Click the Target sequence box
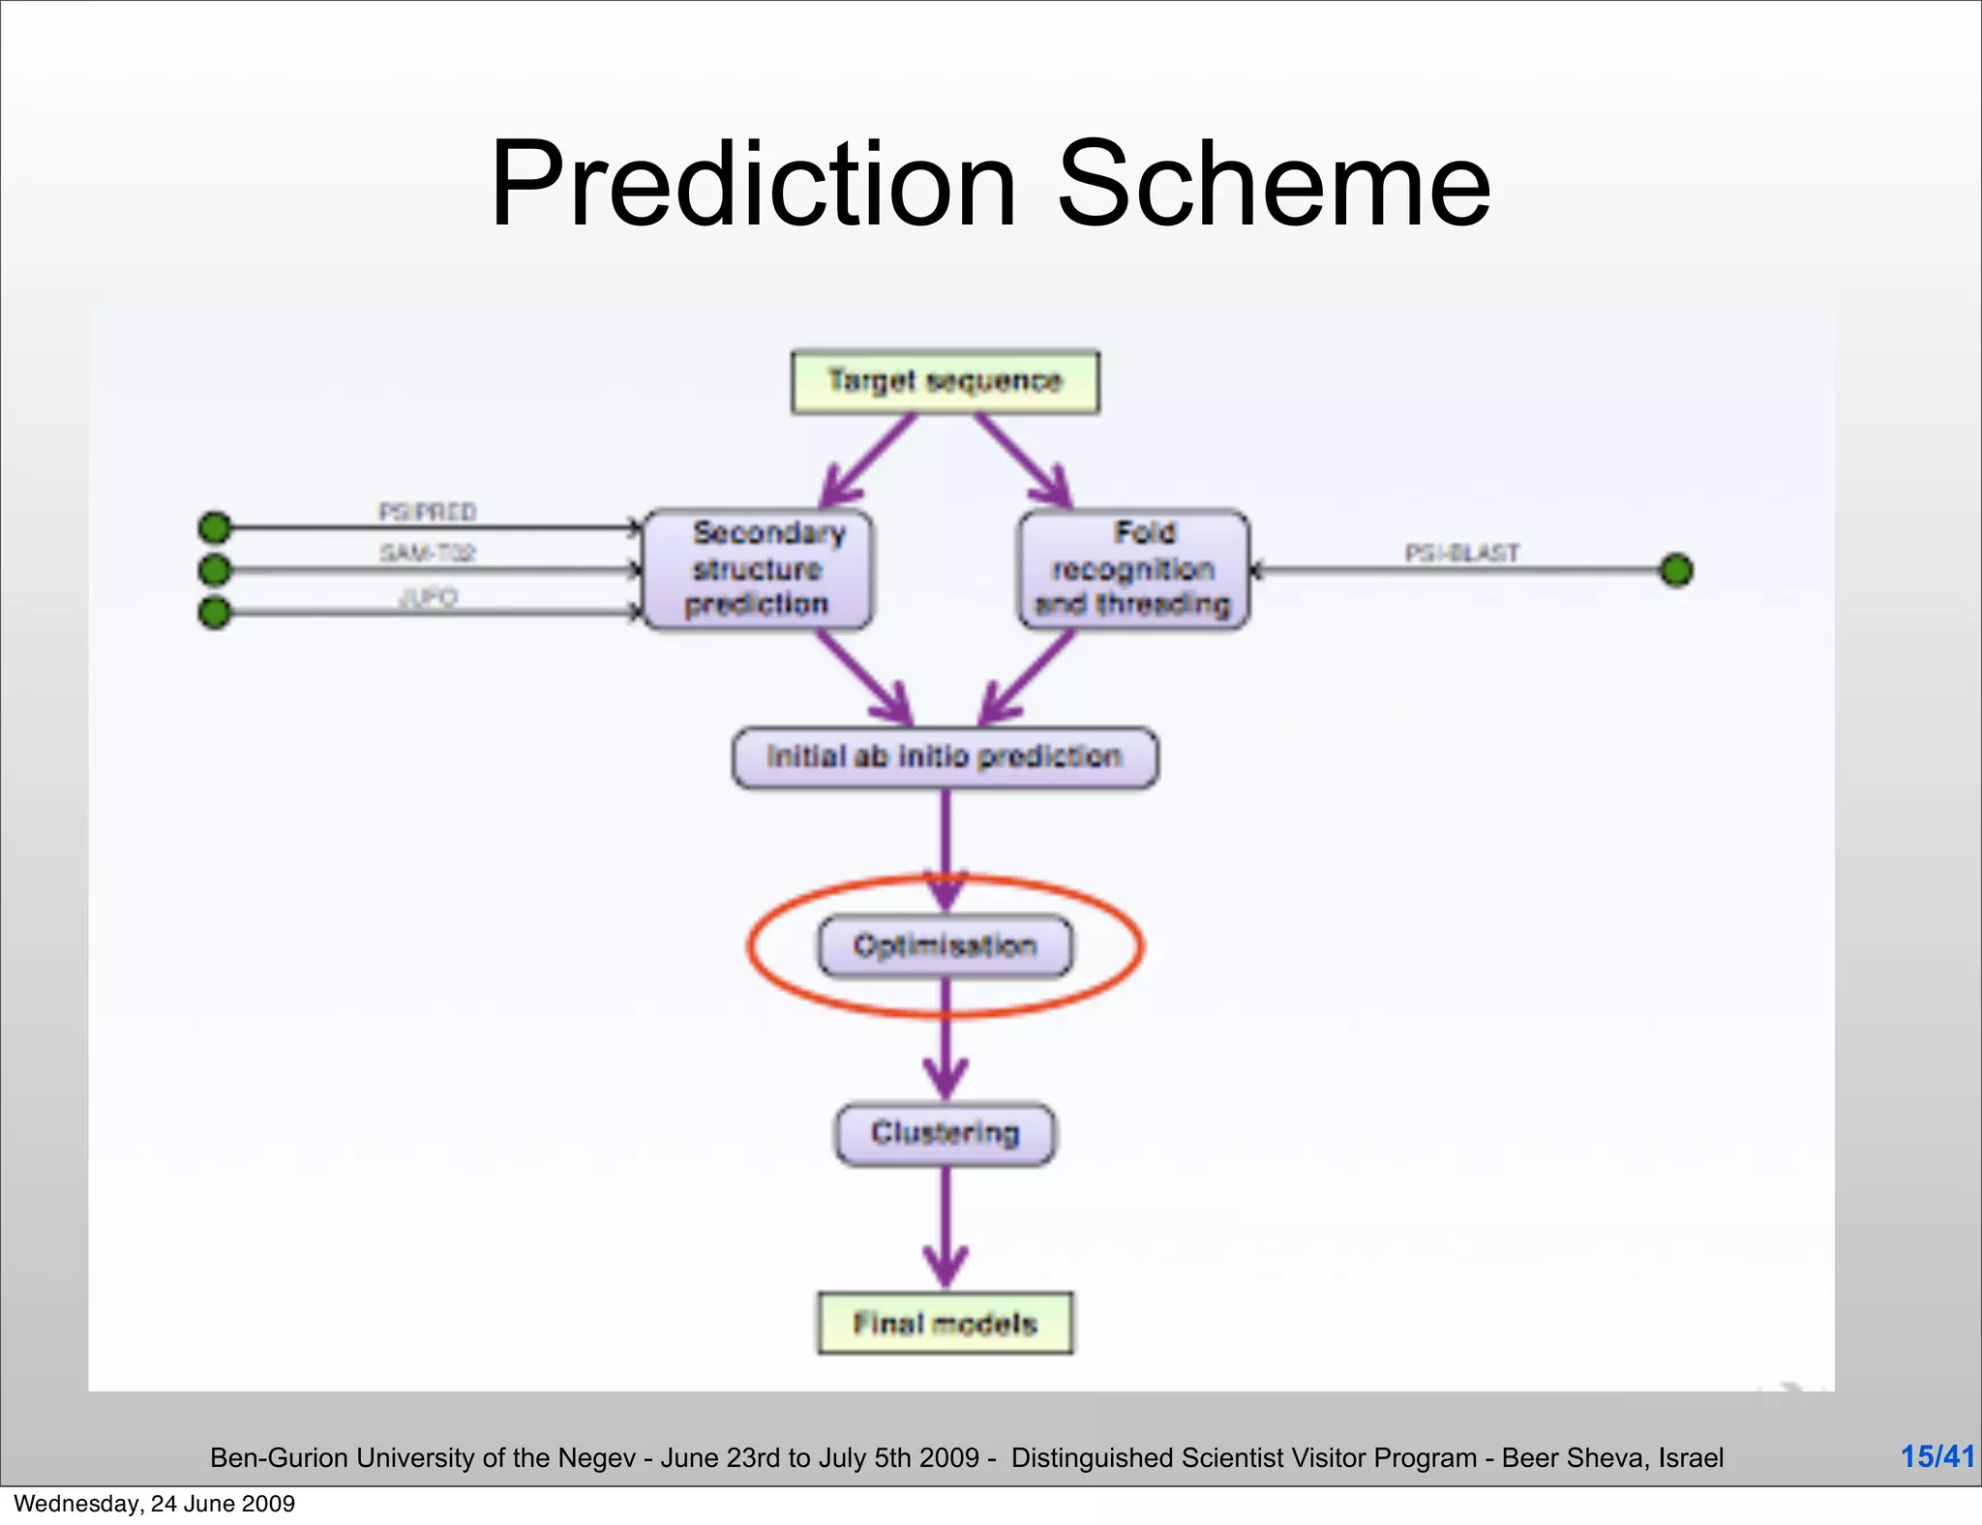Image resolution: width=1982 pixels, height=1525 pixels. point(945,382)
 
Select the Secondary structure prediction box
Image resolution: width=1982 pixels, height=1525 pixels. point(758,569)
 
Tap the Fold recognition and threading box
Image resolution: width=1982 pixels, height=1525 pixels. point(1133,569)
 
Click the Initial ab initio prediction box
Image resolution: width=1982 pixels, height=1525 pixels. point(945,757)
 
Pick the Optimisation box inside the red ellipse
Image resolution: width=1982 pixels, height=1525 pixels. point(945,945)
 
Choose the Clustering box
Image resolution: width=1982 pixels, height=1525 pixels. point(945,1133)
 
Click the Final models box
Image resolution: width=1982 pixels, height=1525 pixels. point(945,1323)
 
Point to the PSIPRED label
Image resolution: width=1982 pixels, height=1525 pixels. point(427,511)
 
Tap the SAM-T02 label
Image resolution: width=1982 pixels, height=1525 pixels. point(427,553)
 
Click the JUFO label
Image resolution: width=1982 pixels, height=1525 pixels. point(427,596)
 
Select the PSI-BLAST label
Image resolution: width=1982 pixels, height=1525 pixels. point(1461,553)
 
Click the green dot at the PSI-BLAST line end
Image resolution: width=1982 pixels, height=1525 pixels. point(1676,570)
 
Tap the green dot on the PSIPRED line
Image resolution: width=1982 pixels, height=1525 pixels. point(215,527)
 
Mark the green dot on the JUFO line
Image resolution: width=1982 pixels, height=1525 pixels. point(215,613)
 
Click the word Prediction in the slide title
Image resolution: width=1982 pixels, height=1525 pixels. point(753,184)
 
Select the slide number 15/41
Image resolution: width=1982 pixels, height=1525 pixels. point(1937,1456)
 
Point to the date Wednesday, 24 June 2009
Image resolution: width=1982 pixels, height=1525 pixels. point(155,1504)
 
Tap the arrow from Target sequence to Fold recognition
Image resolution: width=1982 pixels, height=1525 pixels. point(1024,460)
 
